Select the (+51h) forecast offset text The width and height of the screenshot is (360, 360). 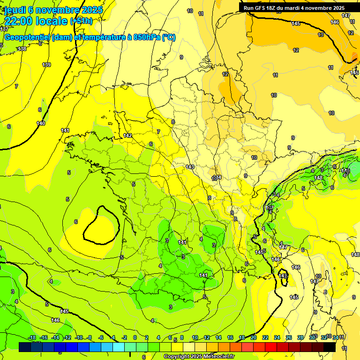point(81,21)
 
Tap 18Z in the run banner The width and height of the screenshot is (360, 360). point(270,8)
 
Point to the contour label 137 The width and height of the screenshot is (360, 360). point(4,29)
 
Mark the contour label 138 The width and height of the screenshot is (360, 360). point(22,49)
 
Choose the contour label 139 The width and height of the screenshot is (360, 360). point(46,65)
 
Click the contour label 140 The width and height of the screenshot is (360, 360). point(41,123)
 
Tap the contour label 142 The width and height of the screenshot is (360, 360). point(127,135)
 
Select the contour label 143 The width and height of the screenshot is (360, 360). point(190,167)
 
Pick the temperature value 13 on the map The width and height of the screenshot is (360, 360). point(321,35)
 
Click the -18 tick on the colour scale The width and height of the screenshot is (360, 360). point(32,337)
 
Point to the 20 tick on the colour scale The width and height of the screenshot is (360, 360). point(254,337)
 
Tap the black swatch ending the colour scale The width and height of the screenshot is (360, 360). point(330,347)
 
